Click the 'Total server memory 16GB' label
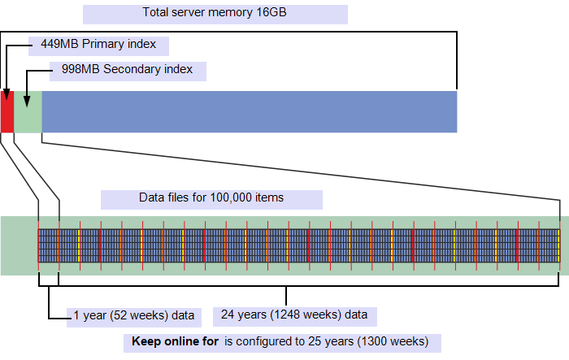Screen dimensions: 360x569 pos(215,14)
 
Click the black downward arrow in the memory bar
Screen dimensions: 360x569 pos(27,100)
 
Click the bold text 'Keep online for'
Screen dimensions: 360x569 pos(174,341)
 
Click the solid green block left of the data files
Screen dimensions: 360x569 pos(19,245)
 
